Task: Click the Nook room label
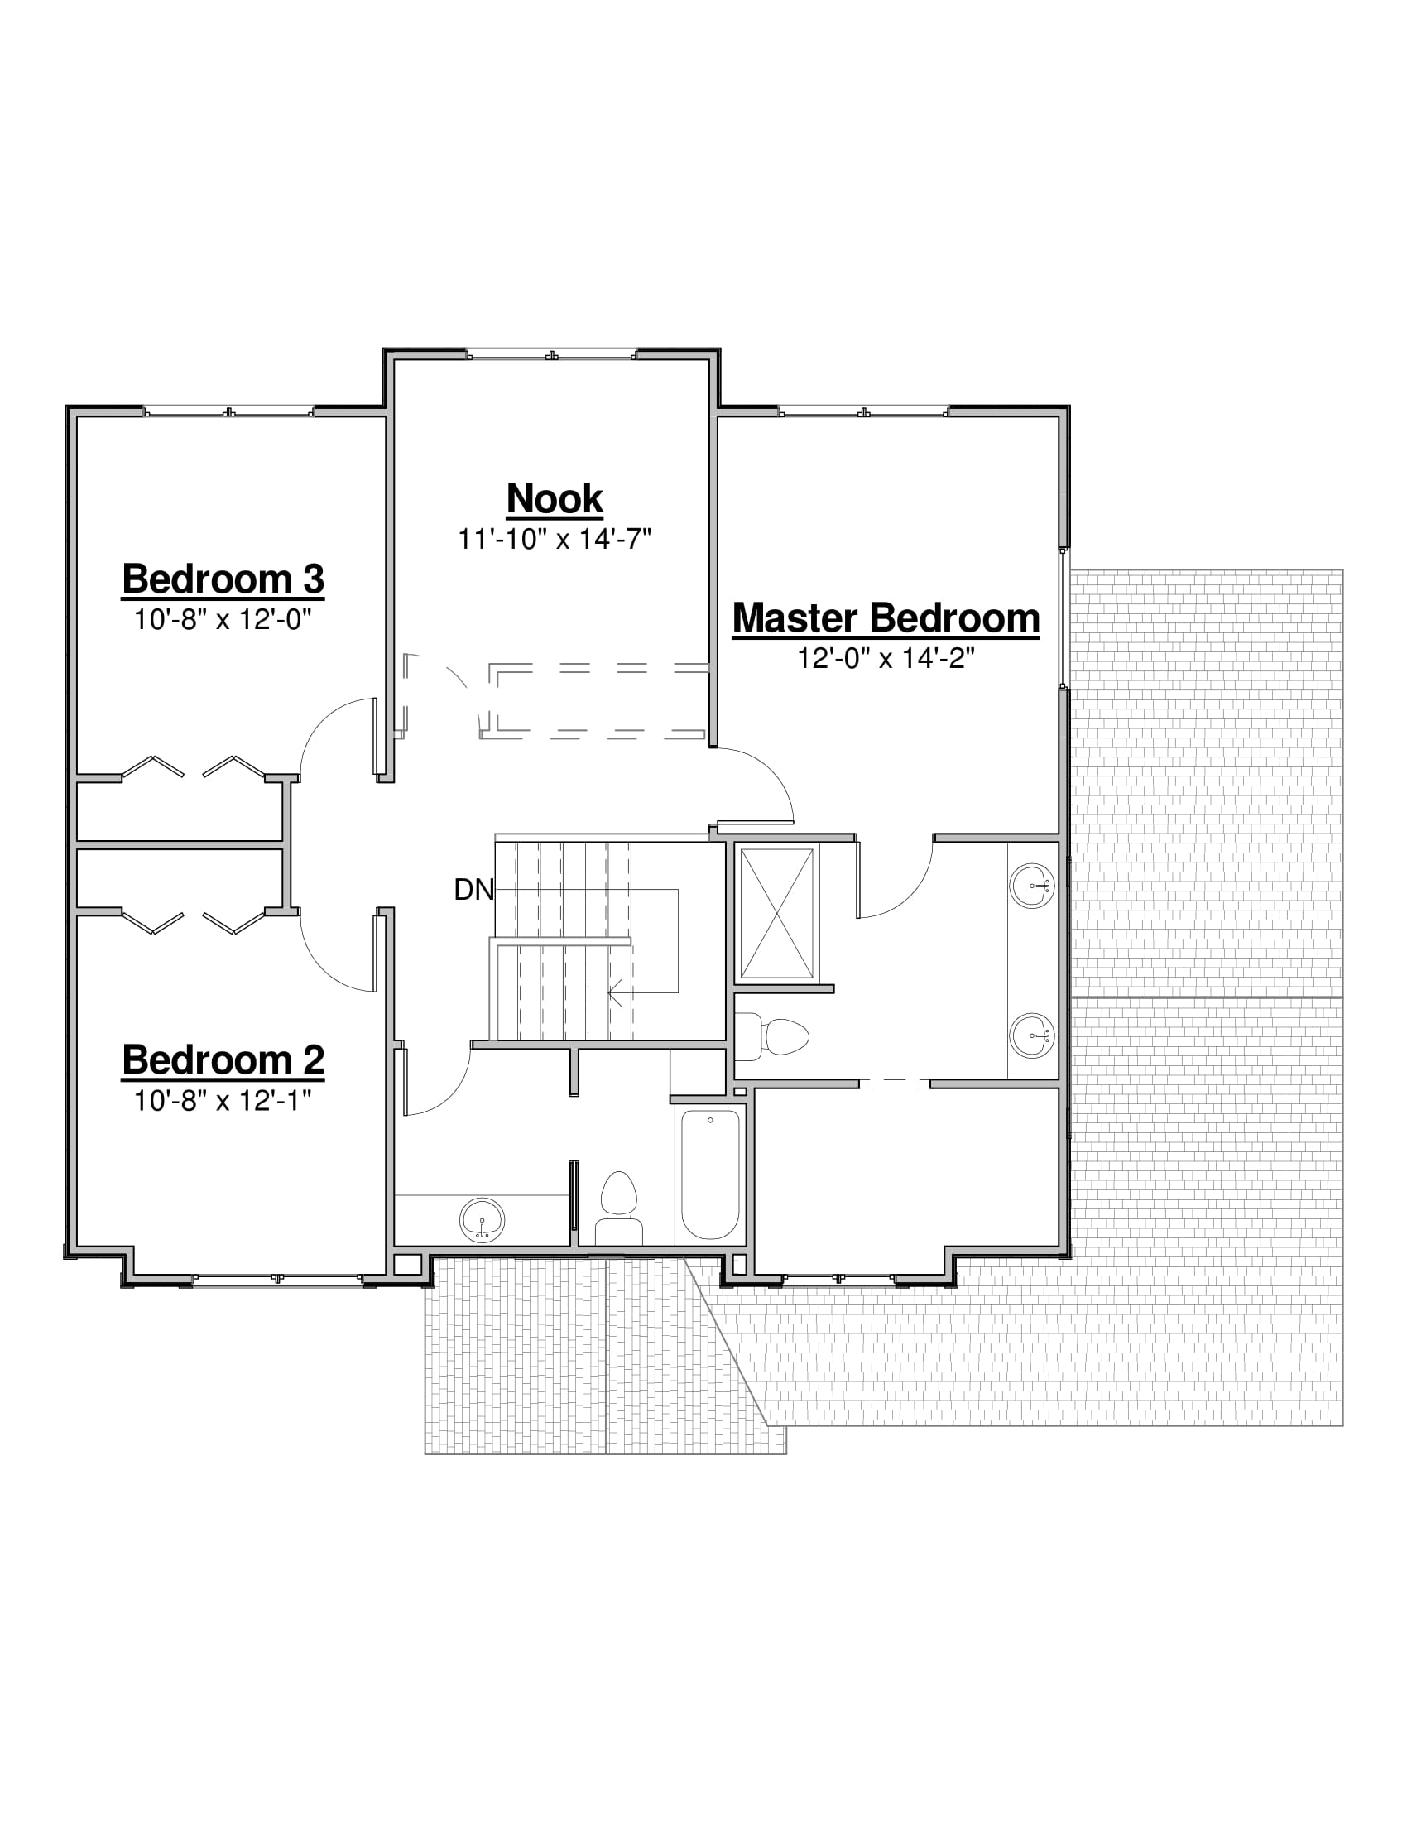[555, 499]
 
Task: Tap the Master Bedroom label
[886, 618]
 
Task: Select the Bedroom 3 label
[223, 579]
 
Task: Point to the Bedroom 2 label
[223, 1060]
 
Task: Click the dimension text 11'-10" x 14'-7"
[555, 540]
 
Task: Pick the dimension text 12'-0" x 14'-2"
[886, 659]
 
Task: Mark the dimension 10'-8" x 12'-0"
[223, 619]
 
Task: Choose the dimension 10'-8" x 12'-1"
[223, 1102]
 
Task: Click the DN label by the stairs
[473, 891]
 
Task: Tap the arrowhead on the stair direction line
[616, 993]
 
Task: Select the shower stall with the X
[777, 913]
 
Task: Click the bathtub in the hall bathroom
[710, 1174]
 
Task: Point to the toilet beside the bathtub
[618, 1208]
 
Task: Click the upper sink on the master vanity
[1032, 885]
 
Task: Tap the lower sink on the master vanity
[1032, 1036]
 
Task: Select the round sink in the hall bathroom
[482, 1221]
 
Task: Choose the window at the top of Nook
[551, 354]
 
